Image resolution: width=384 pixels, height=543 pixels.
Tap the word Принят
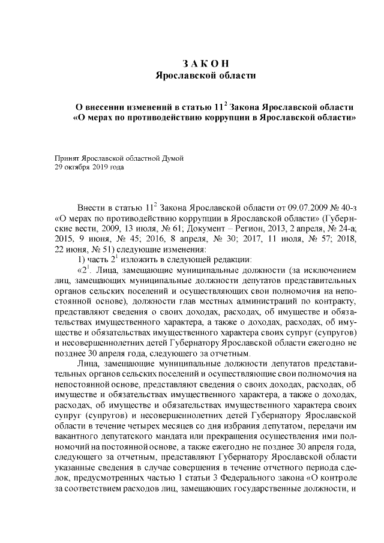pos(67,158)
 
